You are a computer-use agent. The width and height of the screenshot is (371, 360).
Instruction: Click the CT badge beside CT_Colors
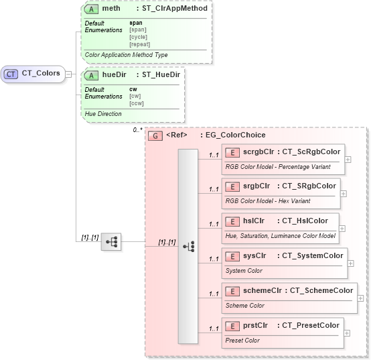tap(11, 74)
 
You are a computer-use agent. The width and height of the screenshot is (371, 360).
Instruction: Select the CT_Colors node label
tap(41, 74)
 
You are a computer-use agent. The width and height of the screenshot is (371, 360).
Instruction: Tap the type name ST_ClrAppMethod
tap(175, 9)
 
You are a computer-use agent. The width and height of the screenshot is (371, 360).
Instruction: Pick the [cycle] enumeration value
tap(139, 37)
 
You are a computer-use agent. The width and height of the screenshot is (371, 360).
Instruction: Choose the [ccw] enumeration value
tap(137, 104)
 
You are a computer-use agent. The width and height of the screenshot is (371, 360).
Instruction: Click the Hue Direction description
tap(103, 114)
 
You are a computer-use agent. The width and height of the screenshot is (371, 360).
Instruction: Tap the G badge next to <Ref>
tap(155, 135)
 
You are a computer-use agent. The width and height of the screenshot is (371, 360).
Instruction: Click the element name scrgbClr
tap(257, 152)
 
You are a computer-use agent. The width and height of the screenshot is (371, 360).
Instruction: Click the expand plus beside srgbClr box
tap(344, 193)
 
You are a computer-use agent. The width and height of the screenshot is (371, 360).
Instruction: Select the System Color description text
tap(244, 271)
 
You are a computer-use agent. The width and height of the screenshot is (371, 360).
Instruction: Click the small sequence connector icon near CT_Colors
tap(111, 243)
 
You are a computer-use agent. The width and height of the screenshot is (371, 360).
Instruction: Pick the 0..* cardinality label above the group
tap(137, 129)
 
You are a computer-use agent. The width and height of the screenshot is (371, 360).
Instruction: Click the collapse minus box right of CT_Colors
tap(69, 74)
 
